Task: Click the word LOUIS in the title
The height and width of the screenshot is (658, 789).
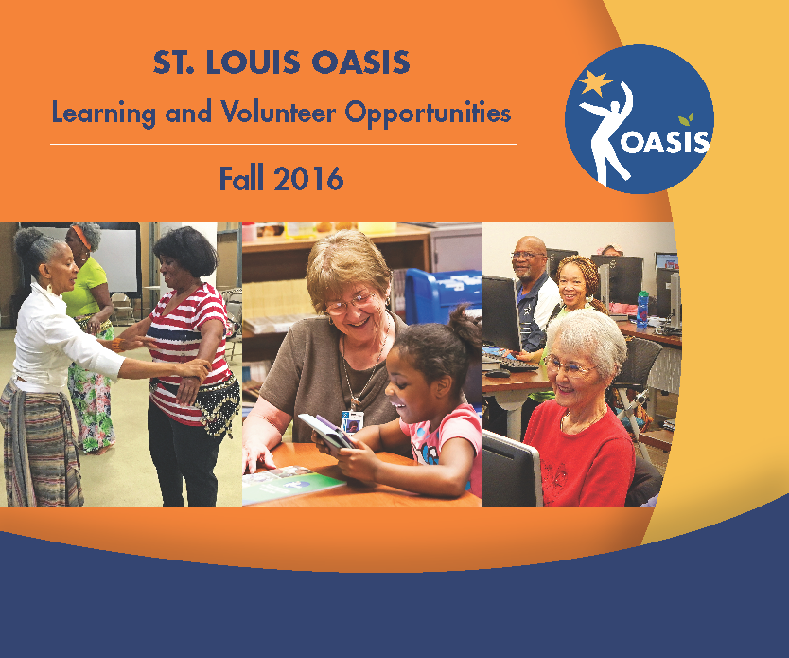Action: click(x=254, y=62)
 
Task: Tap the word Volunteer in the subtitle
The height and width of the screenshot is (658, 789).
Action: click(x=279, y=112)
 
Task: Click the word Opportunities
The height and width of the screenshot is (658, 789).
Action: click(x=429, y=114)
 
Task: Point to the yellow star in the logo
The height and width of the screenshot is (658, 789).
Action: click(x=594, y=82)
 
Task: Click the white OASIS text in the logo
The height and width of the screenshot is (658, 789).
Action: click(x=664, y=141)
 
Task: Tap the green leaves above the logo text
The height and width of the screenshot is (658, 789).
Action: click(x=686, y=119)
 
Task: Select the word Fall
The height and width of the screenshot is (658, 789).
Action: click(x=241, y=178)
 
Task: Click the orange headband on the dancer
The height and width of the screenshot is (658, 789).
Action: click(x=80, y=237)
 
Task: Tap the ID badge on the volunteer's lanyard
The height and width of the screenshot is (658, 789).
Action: click(x=352, y=422)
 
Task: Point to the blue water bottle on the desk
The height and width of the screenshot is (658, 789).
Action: click(x=642, y=309)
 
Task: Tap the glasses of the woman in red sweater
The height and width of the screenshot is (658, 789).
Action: click(x=569, y=366)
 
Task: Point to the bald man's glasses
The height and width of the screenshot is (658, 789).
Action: click(x=526, y=256)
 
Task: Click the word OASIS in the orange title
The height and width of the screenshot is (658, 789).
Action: click(x=360, y=62)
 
